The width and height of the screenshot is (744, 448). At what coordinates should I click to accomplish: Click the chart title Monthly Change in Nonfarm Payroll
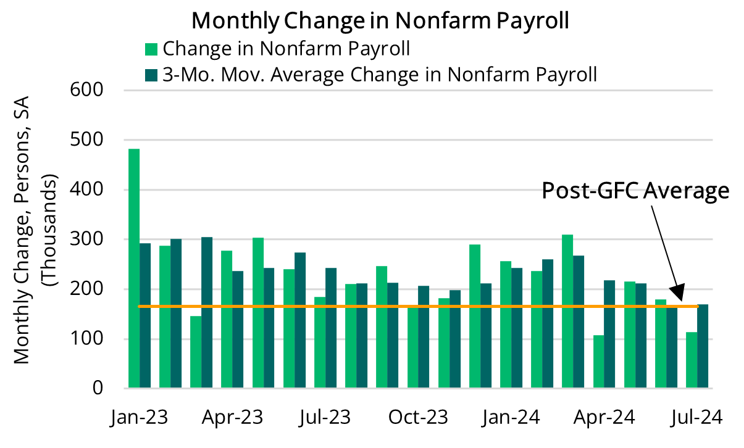380,20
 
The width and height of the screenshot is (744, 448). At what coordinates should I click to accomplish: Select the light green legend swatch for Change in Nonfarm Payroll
151,49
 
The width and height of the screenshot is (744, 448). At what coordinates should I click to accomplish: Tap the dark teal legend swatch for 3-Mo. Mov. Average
151,75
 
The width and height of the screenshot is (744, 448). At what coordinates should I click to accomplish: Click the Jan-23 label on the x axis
139,417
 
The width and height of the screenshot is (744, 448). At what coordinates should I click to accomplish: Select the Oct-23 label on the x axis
418,417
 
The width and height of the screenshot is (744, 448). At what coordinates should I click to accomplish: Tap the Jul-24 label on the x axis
696,417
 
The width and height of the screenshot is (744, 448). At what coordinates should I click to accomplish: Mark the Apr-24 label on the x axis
604,417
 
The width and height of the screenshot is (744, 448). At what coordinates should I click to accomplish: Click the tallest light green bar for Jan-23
134,268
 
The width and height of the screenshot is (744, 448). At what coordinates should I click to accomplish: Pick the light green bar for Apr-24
598,362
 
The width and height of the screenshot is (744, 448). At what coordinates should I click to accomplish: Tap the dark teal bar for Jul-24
703,346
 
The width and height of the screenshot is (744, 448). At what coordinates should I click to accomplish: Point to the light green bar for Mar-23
196,352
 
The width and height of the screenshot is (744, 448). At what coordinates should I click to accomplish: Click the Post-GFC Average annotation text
635,191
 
